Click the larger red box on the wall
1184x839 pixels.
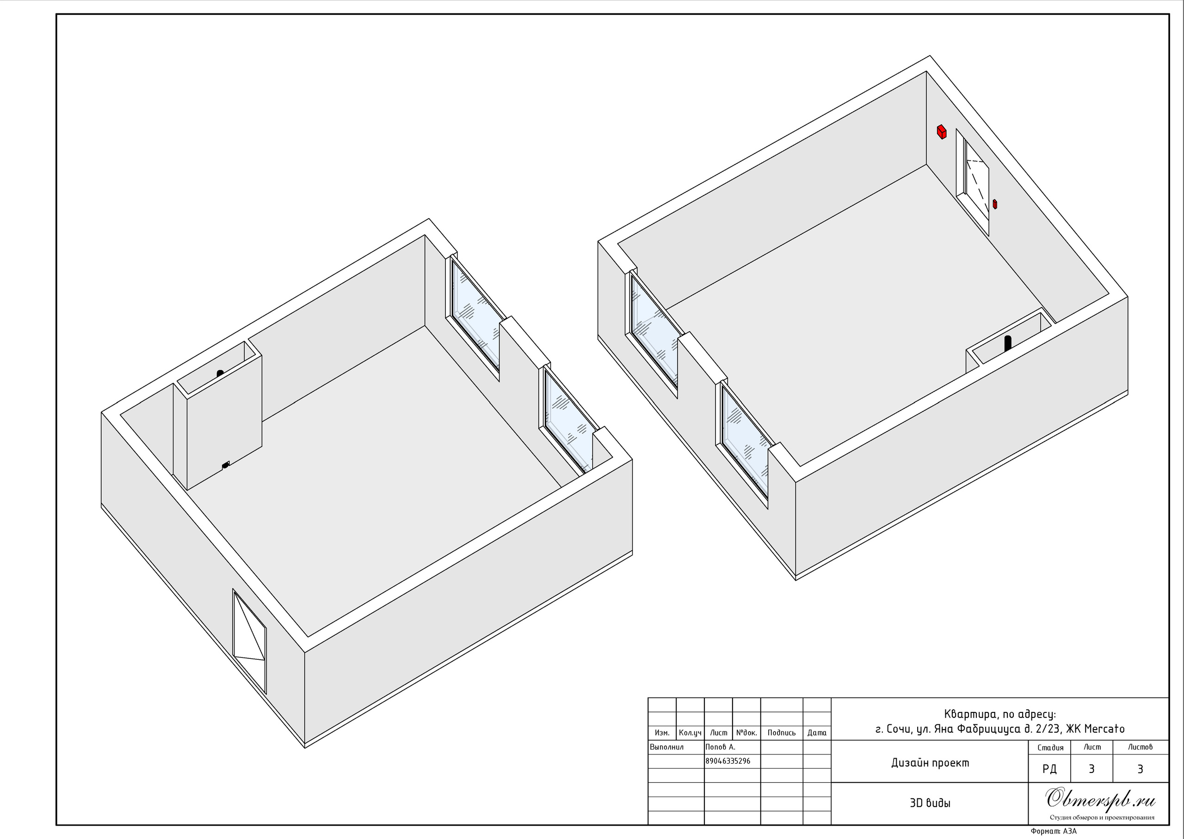[942, 132]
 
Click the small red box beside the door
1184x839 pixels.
[995, 204]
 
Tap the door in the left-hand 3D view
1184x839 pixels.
[250, 641]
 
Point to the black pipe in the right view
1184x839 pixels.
[1007, 344]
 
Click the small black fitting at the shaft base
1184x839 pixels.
[225, 466]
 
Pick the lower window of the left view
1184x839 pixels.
[567, 419]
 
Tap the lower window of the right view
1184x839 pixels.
[745, 442]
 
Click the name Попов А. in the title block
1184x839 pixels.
[720, 747]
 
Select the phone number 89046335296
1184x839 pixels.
[728, 761]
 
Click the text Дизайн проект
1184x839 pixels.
[930, 763]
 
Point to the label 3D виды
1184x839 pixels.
[930, 803]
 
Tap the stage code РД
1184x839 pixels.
[1049, 769]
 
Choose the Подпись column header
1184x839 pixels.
[782, 733]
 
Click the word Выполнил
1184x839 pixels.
[667, 747]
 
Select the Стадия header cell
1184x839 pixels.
[1051, 748]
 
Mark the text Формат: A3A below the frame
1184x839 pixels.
[1054, 831]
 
